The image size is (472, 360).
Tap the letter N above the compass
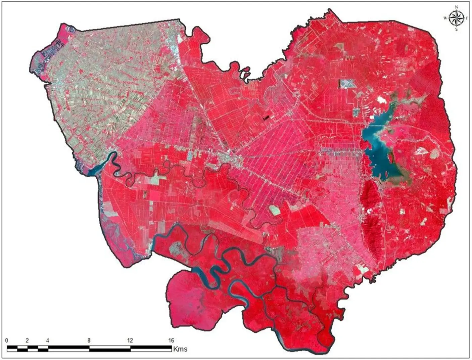click(456, 7)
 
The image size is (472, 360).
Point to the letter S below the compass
click(456, 29)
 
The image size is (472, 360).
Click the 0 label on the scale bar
click(7, 341)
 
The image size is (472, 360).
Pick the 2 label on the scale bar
click(27, 341)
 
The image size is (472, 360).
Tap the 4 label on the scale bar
click(48, 341)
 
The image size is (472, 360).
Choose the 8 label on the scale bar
click(89, 341)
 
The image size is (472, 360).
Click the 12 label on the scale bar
click(130, 341)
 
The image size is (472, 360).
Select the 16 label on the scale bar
click(171, 341)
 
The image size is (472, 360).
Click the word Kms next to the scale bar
click(180, 349)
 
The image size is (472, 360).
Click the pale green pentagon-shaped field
click(275, 210)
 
